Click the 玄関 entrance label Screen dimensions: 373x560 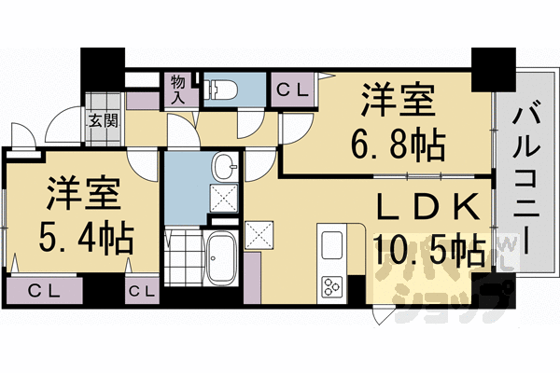[104, 119]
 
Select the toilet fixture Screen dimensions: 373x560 [221, 90]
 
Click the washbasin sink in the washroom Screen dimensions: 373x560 [225, 168]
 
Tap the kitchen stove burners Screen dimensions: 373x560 [332, 284]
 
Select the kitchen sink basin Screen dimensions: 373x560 [331, 245]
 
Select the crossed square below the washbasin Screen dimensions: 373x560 [223, 196]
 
